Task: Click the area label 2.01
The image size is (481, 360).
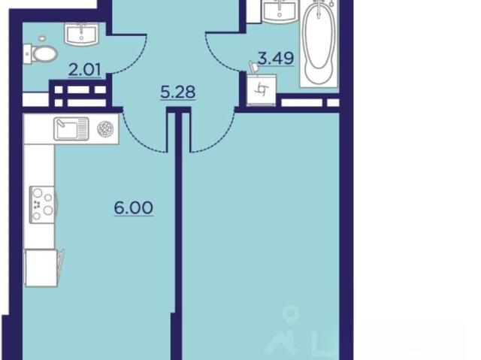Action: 85,70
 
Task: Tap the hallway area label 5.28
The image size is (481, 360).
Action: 178,92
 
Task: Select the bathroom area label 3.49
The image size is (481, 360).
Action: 276,58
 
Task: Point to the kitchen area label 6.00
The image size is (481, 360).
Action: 134,208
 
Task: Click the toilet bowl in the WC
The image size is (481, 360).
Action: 41,54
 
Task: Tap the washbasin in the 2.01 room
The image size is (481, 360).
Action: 81,34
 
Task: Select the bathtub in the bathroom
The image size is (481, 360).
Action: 319,44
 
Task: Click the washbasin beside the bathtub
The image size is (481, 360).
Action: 279,11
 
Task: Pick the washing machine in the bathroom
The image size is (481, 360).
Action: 262,89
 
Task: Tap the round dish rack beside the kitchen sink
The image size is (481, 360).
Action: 105,129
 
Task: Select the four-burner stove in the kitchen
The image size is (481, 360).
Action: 43,204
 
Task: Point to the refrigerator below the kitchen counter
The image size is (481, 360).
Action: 41,268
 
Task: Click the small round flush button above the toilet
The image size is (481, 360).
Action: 42,38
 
